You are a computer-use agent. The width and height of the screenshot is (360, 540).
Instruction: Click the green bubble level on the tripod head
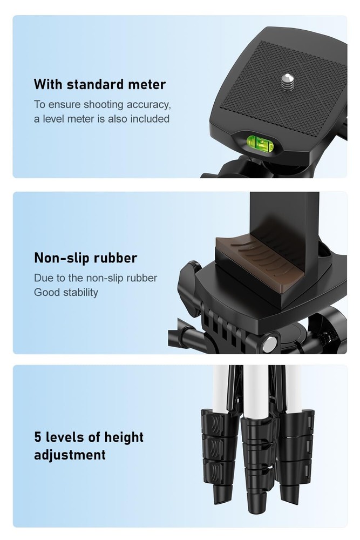pyautogui.click(x=260, y=144)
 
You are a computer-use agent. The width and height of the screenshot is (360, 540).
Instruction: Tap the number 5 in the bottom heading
pyautogui.click(x=38, y=437)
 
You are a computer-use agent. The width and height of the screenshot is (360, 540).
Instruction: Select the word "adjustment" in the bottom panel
pyautogui.click(x=70, y=455)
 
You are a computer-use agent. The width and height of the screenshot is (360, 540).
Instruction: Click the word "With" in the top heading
pyautogui.click(x=49, y=84)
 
